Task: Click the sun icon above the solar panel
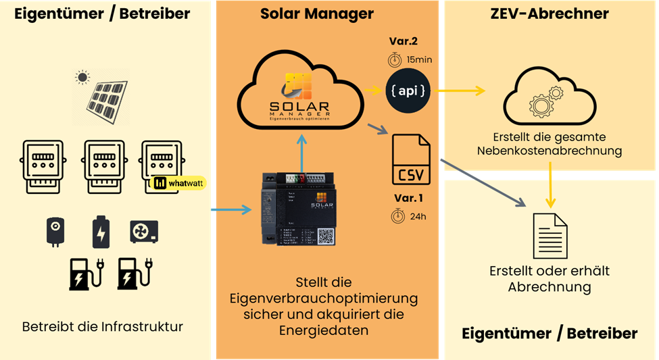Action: tap(82, 78)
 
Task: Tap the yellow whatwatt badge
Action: tap(178, 183)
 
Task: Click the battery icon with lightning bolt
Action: tap(101, 232)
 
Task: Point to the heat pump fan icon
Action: tap(144, 232)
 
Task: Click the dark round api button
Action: tap(408, 91)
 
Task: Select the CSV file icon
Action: tap(411, 160)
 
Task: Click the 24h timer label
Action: tap(409, 217)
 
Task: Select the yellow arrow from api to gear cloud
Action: tap(460, 91)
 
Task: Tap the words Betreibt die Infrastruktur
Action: tap(103, 328)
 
